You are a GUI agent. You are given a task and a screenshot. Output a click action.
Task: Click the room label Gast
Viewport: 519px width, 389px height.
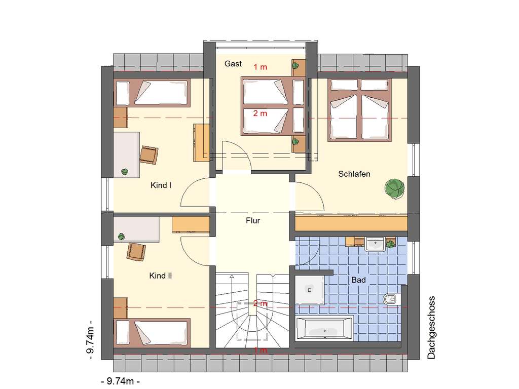click(x=233, y=64)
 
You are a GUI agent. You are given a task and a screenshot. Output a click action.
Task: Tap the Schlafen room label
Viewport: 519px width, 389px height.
click(x=354, y=174)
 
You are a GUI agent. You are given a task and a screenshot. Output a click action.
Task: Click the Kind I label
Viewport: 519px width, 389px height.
click(x=161, y=185)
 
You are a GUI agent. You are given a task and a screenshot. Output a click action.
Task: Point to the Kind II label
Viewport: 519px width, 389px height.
click(x=161, y=276)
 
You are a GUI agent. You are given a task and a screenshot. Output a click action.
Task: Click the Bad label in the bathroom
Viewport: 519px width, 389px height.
click(x=358, y=280)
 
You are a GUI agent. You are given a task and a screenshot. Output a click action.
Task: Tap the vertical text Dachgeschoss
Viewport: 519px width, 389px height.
click(x=431, y=327)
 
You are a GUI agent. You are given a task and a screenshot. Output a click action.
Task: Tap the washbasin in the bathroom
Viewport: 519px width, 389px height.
click(x=376, y=245)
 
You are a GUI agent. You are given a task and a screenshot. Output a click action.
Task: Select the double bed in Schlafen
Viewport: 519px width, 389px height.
click(x=361, y=108)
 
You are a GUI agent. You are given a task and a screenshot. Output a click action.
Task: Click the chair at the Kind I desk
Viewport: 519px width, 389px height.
click(x=149, y=154)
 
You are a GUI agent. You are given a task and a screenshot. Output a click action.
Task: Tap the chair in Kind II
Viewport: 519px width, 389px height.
click(x=136, y=251)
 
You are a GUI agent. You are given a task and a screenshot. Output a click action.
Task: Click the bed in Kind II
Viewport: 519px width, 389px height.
click(x=152, y=332)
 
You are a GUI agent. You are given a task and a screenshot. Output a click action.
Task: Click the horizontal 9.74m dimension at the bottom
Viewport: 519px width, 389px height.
click(x=121, y=380)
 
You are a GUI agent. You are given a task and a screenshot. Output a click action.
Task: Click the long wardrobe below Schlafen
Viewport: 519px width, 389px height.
click(x=351, y=223)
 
